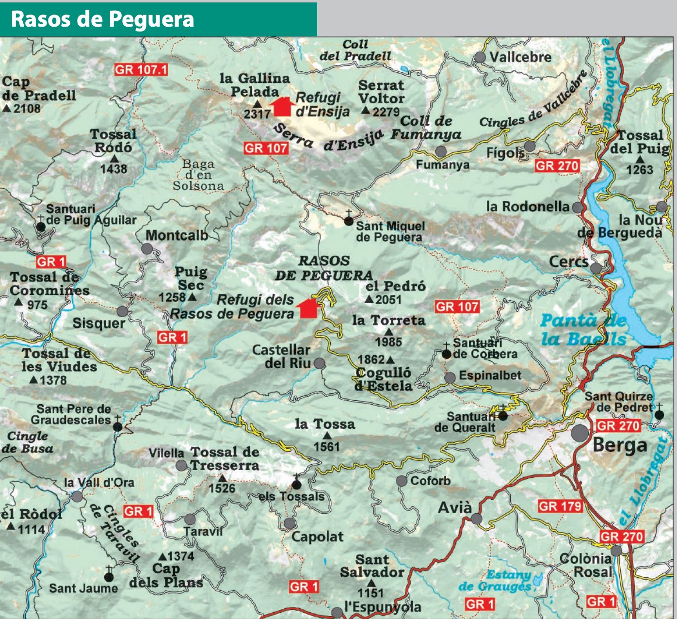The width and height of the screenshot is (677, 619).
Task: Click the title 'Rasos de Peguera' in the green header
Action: click(102, 19)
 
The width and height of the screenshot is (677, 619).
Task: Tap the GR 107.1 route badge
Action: click(141, 69)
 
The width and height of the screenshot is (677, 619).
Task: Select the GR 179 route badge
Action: click(560, 506)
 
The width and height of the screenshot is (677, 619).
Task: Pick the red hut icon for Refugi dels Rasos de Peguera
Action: click(307, 309)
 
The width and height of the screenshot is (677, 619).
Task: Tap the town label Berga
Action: click(620, 445)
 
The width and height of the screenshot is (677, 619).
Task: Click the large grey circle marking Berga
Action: click(580, 433)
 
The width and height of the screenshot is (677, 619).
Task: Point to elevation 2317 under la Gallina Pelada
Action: click(257, 114)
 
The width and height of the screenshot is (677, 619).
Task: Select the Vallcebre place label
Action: click(520, 57)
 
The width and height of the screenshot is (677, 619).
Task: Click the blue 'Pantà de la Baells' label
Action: click(583, 329)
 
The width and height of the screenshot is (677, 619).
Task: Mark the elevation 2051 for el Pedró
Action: click(388, 300)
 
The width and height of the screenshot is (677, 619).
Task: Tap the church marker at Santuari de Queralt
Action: click(503, 415)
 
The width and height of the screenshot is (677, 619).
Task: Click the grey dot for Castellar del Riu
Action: click(319, 363)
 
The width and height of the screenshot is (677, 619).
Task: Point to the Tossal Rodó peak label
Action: click(113, 141)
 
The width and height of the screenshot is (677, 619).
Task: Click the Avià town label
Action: click(454, 508)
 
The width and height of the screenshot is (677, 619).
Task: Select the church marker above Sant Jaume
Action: click(109, 576)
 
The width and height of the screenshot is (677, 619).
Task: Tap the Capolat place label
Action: click(317, 537)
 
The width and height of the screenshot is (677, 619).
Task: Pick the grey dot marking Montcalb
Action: click(147, 249)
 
